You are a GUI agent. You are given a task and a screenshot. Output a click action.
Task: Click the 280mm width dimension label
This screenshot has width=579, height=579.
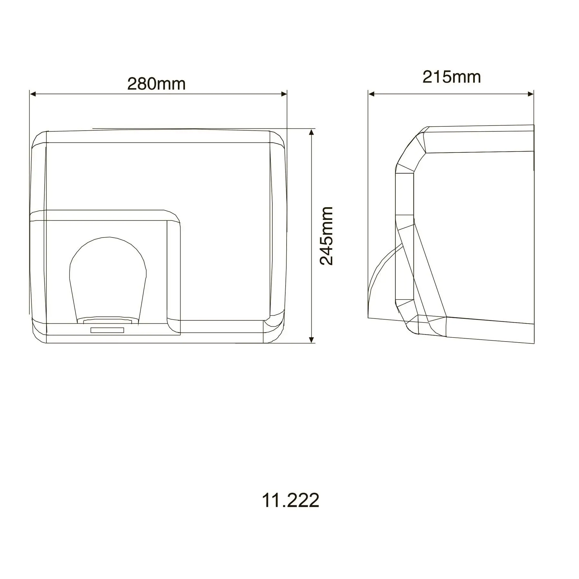click(x=156, y=84)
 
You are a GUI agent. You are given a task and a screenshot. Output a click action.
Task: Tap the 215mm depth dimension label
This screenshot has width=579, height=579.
click(x=452, y=77)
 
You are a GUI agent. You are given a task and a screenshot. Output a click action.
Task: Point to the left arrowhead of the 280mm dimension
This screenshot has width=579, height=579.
click(x=32, y=94)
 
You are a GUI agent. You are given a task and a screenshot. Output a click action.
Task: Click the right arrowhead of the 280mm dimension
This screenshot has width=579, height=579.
click(x=284, y=94)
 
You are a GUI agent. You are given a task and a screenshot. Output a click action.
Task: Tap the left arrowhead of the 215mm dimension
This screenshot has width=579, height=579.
click(x=372, y=94)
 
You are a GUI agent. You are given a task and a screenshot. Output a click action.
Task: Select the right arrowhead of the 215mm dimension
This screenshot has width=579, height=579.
click(x=531, y=94)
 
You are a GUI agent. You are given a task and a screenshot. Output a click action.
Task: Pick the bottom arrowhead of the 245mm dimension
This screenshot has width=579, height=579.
click(x=311, y=340)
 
